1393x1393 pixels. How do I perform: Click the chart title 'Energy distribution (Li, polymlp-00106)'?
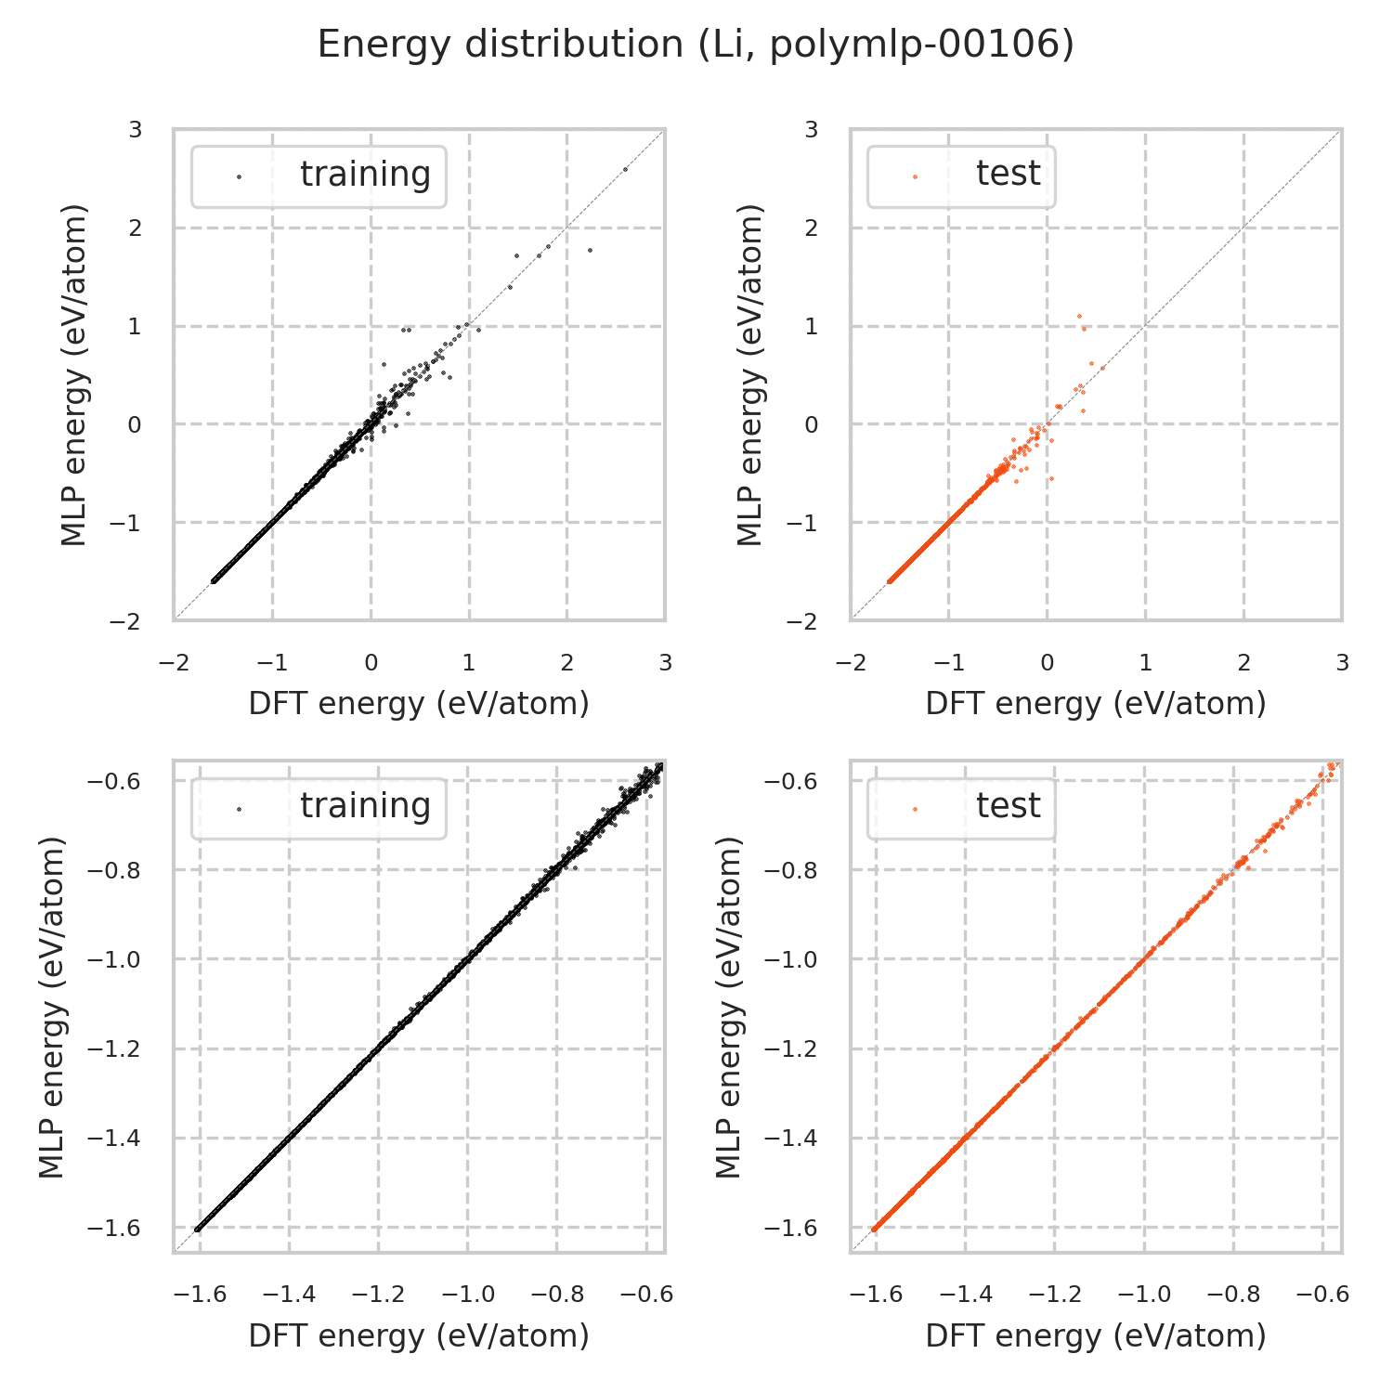(x=696, y=45)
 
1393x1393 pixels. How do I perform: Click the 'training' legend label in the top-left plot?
(x=365, y=175)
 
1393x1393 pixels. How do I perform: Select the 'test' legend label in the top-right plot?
(x=1008, y=174)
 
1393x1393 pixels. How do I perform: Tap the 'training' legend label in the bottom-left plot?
(x=365, y=806)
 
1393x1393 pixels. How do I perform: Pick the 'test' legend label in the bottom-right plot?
(x=1008, y=806)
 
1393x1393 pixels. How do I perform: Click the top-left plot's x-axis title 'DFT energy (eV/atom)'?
(x=419, y=704)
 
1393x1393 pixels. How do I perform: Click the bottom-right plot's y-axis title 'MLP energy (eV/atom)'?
(x=730, y=1007)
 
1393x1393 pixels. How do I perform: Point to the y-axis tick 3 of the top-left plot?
(x=136, y=130)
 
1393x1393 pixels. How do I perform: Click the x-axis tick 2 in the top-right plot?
(x=1243, y=663)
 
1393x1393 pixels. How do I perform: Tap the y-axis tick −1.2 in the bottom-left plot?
(x=112, y=1049)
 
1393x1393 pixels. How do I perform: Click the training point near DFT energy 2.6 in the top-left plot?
(x=625, y=169)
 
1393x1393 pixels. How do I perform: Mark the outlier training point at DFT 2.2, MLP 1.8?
(x=589, y=250)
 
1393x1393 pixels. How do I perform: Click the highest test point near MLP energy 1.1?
(x=1079, y=316)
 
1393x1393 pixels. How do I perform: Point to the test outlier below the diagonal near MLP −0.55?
(x=1051, y=478)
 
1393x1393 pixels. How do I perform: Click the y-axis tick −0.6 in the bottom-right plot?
(x=789, y=782)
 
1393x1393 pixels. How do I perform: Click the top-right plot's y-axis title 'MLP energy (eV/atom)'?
(x=749, y=374)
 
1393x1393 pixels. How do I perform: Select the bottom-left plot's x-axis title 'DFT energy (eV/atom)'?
(x=419, y=1336)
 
